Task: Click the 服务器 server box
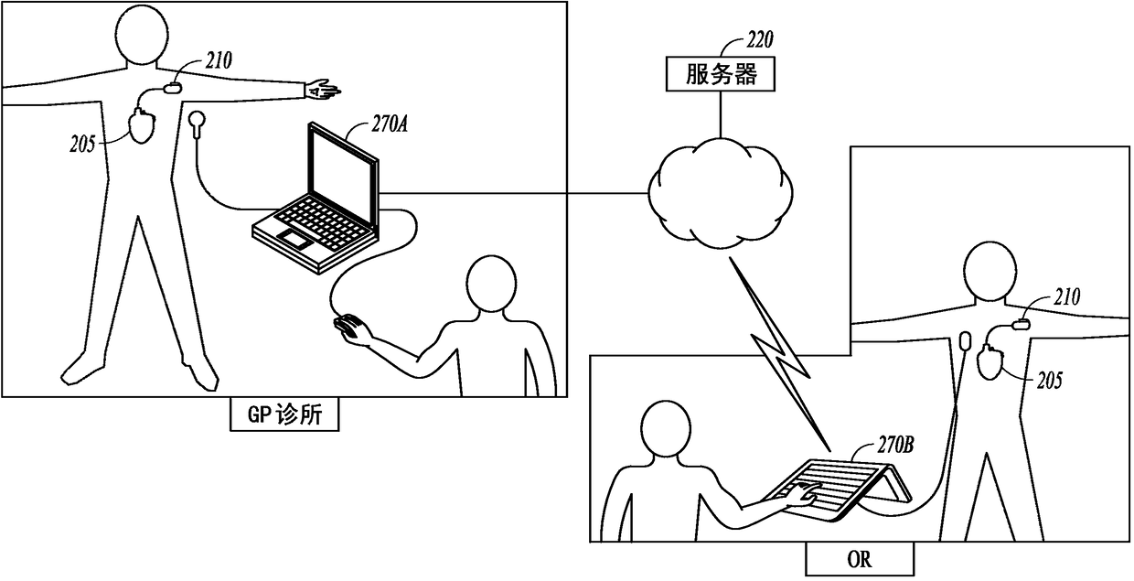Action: coord(721,74)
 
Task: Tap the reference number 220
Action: coord(759,39)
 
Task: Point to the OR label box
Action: coord(860,558)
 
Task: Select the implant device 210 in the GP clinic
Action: coord(173,89)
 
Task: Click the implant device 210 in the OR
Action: coord(1022,322)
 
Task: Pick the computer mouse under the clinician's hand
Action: coord(348,327)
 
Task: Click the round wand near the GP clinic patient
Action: coord(197,119)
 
